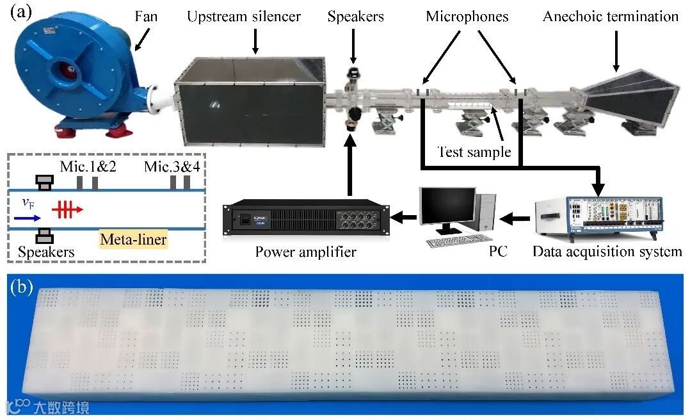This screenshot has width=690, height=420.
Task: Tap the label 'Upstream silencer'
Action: tap(244, 17)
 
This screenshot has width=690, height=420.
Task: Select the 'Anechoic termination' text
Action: tap(610, 17)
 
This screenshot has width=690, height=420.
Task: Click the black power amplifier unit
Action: tap(307, 220)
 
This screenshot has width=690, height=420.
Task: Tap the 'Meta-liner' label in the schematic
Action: tap(133, 240)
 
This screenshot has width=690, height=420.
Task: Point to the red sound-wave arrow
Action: tap(67, 209)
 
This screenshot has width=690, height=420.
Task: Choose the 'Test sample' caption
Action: tap(474, 152)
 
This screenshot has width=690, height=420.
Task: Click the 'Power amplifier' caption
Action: tap(305, 252)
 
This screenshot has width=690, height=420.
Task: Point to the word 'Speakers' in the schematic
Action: tap(46, 252)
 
